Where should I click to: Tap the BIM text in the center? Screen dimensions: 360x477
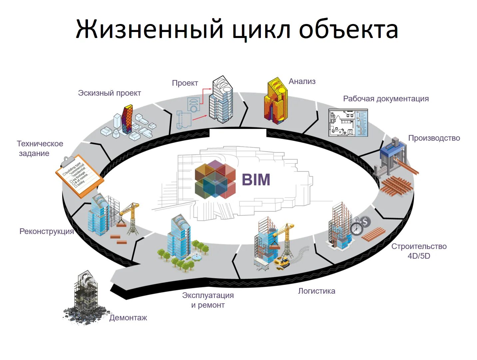pos(256,180)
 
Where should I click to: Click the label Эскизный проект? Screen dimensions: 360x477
pos(109,93)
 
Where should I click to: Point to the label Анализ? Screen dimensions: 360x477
pos(302,81)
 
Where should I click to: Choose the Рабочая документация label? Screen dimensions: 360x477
pos(386,99)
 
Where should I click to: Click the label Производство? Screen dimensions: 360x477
pos(434,138)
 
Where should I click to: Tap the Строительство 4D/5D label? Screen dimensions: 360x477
pos(419,251)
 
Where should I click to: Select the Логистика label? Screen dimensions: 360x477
pos(316,291)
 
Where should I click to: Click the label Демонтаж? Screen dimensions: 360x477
pos(128,318)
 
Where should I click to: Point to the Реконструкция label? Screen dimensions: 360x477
pos(47,231)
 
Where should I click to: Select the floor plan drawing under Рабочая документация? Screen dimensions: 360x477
pos(348,123)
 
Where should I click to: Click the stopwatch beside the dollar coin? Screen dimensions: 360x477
pos(357,228)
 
